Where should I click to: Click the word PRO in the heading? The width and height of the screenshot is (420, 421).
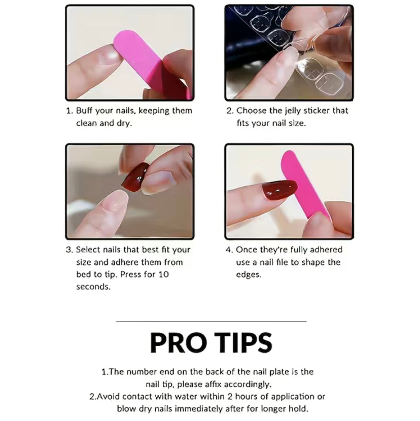pos(179,342)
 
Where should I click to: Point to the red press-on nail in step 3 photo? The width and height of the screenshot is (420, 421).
pos(135,177)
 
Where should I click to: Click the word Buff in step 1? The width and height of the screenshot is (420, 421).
pos(84,111)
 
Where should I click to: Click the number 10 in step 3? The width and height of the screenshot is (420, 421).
pos(163,274)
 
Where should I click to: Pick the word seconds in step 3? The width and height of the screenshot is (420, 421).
pos(93,287)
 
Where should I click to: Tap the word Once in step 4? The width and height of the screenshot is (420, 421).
pos(247,250)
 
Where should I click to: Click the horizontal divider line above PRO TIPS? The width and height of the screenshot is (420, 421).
pos(211,321)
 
